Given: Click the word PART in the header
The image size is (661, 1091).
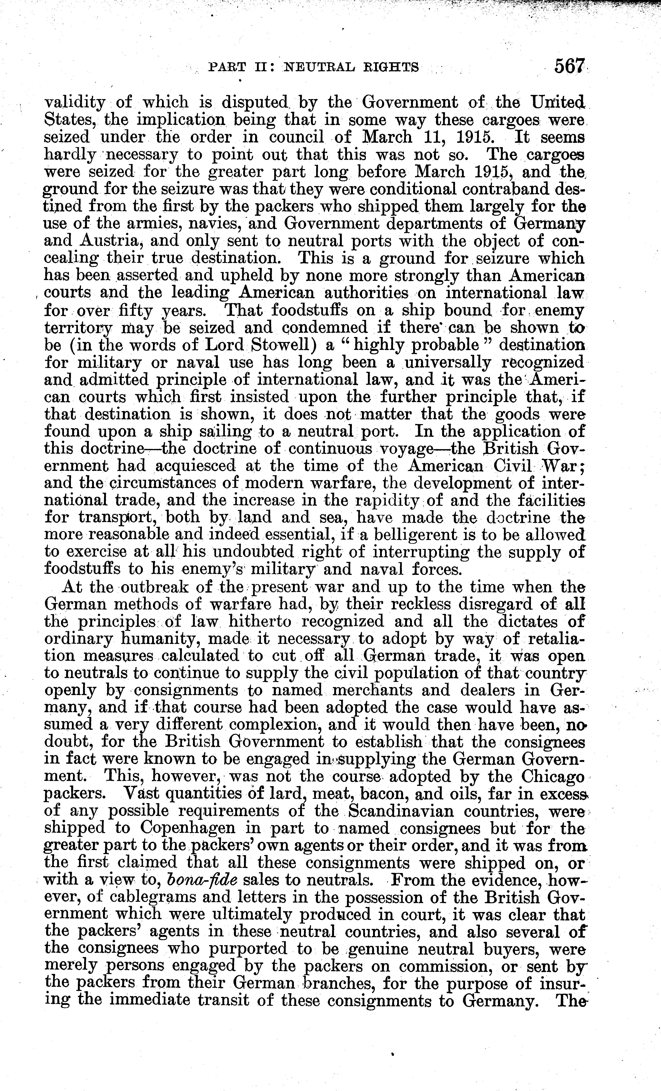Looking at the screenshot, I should coord(222,67).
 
